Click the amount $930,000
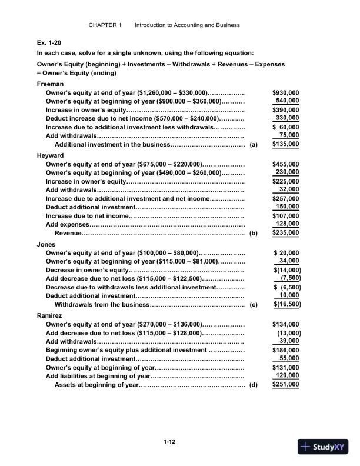[286, 93]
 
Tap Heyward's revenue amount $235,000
[286, 232]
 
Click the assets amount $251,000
[286, 385]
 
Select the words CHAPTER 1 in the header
[105, 26]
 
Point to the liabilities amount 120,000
[288, 375]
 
